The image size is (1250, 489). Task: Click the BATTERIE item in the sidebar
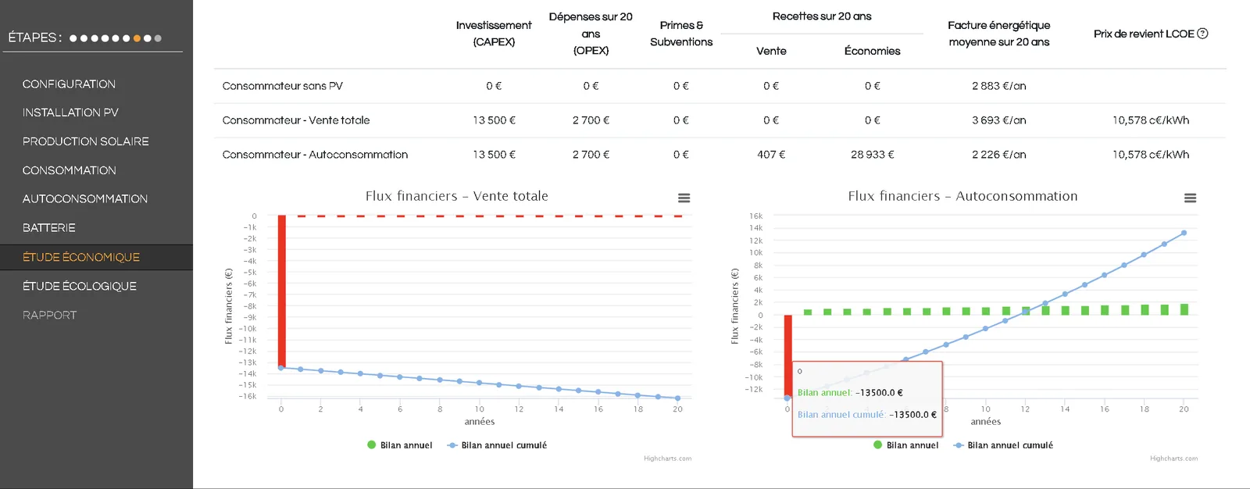coord(48,228)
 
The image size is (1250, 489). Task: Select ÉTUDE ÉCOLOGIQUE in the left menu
coord(79,286)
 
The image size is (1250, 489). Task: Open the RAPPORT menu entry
coord(50,315)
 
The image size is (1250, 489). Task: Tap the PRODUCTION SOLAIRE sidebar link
coord(85,141)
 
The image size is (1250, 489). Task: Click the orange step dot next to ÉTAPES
coord(137,38)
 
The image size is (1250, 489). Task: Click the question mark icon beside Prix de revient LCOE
coord(1202,34)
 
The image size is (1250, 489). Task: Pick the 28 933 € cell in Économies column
coord(872,155)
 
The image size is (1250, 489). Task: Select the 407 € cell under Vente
coord(771,155)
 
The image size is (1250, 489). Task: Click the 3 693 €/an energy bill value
coord(999,120)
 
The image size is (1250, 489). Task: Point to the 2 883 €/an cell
coord(999,86)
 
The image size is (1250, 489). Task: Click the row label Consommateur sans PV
coord(282,86)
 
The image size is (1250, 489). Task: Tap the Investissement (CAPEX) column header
coord(494,34)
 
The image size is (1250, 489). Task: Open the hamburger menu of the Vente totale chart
coord(684,198)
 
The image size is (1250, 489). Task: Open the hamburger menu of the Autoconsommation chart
coord(1190,198)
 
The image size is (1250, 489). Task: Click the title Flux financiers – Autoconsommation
coord(962,196)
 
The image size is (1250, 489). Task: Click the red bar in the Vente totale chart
coord(282,291)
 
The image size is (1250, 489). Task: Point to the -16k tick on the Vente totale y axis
coord(248,396)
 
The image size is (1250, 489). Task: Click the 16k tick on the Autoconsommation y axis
coord(756,216)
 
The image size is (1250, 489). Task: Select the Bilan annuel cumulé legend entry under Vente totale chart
coord(497,445)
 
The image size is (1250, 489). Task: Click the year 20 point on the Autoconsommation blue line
coord(1184,233)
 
